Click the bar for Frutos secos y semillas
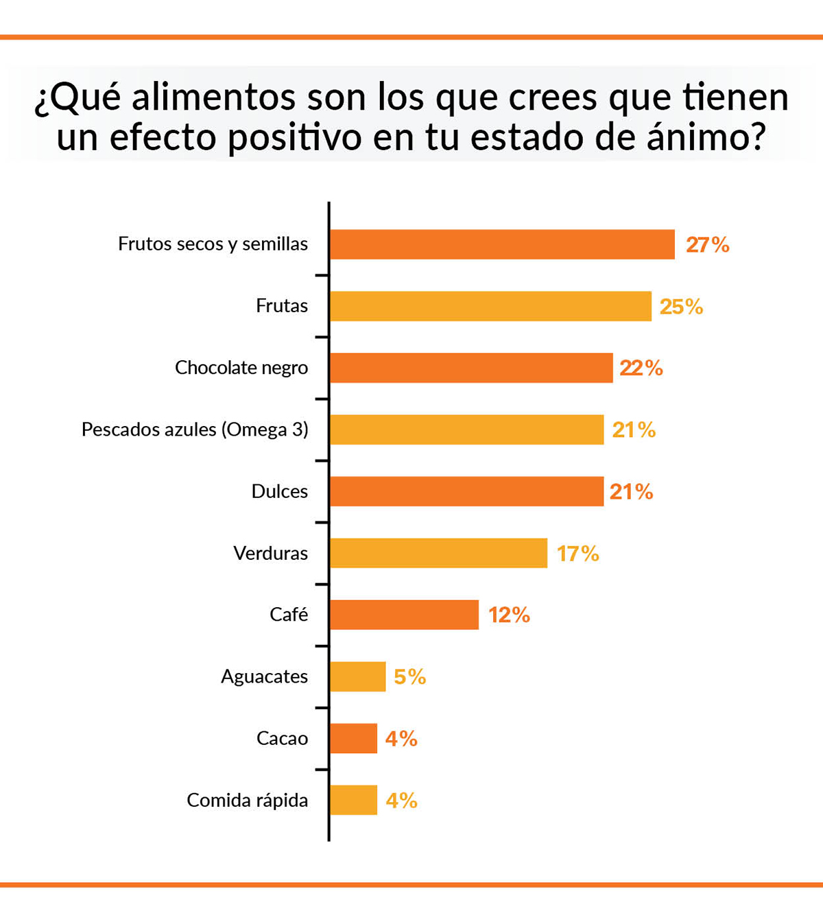pos(502,244)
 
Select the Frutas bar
pos(490,306)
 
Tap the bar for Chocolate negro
pos(471,368)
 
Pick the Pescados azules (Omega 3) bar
pos(466,429)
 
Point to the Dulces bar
pos(466,491)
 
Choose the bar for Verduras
pos(438,553)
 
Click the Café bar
pos(404,615)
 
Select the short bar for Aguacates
pos(357,676)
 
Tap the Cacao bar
pos(353,738)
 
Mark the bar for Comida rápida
pos(353,800)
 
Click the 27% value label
pos(707,245)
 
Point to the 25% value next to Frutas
pos(681,307)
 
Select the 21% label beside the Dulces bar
pos(631,492)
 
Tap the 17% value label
pos(577,554)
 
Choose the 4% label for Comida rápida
pos(401,801)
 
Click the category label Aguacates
pos(264,677)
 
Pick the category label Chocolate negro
pos(241,368)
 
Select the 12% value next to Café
pos(509,615)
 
